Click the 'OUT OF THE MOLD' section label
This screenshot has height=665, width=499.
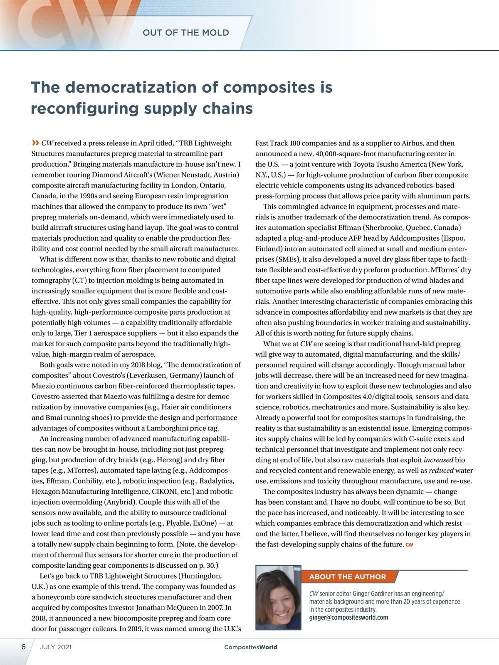[x=185, y=33]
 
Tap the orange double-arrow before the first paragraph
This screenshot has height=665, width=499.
[x=35, y=143]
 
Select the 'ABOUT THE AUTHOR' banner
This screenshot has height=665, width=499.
[x=348, y=576]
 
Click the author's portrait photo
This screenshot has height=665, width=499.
[x=278, y=597]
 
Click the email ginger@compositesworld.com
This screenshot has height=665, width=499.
[x=348, y=617]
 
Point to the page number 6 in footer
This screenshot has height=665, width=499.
[x=23, y=647]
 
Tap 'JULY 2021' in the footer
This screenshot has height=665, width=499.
[x=56, y=647]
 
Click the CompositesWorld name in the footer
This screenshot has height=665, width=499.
[x=250, y=647]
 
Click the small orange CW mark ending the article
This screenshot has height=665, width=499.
[x=409, y=544]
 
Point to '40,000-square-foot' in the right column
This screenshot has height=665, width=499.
[x=345, y=154]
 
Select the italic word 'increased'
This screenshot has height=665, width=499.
[x=438, y=460]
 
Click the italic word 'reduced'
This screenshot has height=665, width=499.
[x=441, y=470]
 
